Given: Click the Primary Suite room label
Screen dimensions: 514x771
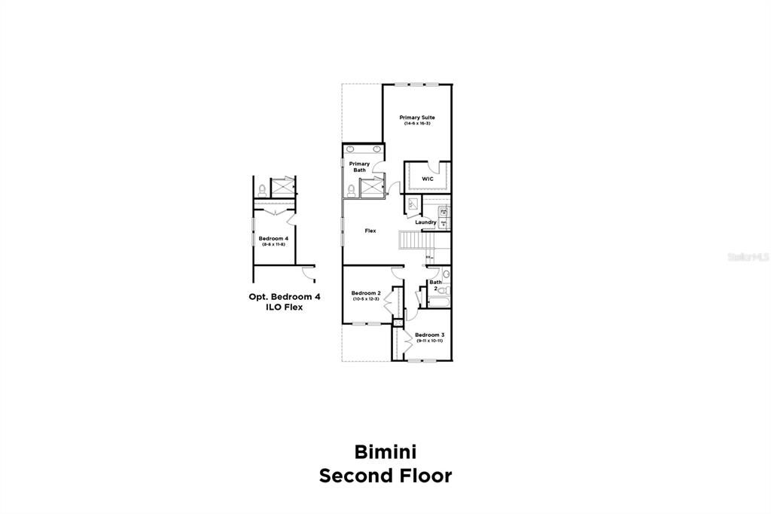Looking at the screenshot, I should click(416, 118).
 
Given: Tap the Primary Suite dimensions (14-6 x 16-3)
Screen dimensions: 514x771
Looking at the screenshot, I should click(416, 124).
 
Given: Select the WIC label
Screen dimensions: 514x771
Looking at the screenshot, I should click(427, 179).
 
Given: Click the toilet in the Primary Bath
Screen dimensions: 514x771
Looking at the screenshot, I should click(351, 188).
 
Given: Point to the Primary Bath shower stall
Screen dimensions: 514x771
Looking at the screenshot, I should click(372, 187).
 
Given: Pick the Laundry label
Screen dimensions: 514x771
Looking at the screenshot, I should click(425, 222).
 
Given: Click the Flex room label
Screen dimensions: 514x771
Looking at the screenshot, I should click(370, 231).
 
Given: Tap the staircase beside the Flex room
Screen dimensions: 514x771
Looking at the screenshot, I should click(412, 241).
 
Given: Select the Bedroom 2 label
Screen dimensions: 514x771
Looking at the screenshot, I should click(366, 292).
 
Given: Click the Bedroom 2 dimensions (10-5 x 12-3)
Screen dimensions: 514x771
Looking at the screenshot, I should click(366, 299).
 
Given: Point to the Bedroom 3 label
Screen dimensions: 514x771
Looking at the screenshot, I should click(429, 335).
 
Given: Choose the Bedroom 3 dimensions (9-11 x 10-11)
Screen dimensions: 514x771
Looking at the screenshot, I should click(429, 341).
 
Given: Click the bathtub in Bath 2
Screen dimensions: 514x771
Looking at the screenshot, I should click(439, 303).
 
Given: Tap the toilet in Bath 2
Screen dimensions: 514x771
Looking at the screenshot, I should click(444, 289).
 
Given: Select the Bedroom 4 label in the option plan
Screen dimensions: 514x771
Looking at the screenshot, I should click(273, 238).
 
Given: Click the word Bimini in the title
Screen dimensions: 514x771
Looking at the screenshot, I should click(385, 451).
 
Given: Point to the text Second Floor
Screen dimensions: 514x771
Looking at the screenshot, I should click(385, 476).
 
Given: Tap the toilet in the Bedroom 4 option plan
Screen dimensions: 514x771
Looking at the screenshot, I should click(261, 189).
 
